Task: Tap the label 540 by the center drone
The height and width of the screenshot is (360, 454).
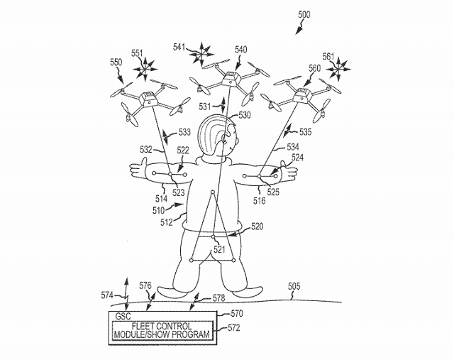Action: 240,50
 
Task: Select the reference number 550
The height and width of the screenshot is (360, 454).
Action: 115,62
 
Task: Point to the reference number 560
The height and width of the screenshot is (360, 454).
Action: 314,68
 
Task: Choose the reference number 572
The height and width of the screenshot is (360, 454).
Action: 233,327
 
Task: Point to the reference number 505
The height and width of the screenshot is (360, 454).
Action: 293,287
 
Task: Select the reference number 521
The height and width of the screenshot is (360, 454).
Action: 221,249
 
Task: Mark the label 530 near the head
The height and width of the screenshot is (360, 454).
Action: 245,115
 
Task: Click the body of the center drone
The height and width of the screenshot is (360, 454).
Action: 228,77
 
